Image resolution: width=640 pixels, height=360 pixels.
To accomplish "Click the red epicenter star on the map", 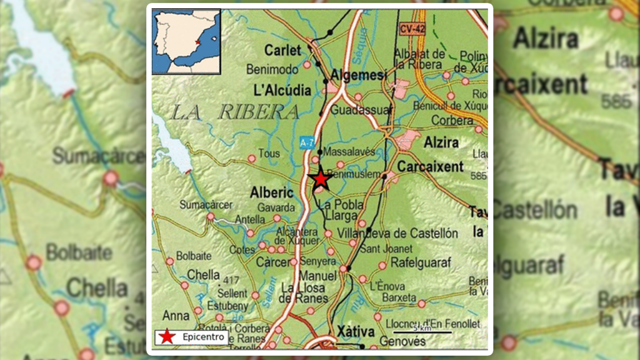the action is pos(321,179).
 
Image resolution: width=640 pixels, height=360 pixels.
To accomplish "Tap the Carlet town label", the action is pos(282,50).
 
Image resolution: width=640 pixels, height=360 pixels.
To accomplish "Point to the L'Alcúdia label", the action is pos(282,90).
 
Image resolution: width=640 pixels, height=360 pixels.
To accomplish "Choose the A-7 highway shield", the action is pos(306,143).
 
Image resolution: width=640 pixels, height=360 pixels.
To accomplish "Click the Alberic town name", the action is pos(271,193).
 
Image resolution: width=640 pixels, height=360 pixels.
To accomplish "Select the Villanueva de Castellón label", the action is pos(397,233).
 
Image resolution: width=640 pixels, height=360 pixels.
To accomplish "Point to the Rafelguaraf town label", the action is pos(420,263).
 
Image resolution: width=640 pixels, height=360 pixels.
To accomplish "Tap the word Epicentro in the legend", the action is pos(203,337).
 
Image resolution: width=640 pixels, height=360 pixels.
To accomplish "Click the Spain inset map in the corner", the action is pos(186,41).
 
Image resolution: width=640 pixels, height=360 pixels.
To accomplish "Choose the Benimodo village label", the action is pos(272,69).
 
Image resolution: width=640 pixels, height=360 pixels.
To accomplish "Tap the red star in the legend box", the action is pos(166,337).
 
